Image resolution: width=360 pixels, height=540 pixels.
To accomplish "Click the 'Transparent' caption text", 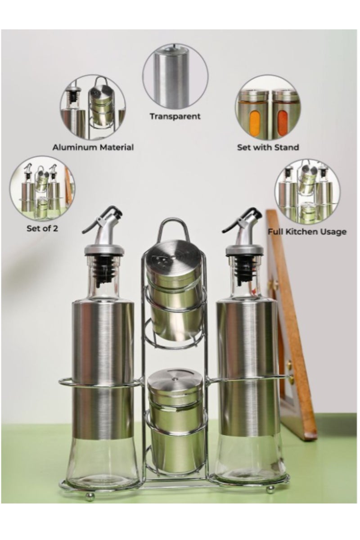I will [x=175, y=117].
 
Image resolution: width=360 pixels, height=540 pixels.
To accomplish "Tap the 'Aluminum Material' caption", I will [x=93, y=147].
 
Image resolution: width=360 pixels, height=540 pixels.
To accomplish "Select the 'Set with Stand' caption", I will [x=268, y=147].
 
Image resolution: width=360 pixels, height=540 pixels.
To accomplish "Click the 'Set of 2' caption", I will [x=42, y=228].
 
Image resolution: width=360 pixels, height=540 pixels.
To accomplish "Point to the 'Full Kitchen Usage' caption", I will [x=307, y=232].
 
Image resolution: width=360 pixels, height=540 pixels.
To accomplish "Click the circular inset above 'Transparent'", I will [x=175, y=76].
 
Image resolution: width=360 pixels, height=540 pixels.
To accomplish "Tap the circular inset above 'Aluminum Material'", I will [x=93, y=107].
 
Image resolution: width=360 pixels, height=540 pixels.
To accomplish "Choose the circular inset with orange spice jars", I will [x=267, y=107].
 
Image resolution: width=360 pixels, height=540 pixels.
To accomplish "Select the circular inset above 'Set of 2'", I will [x=42, y=189].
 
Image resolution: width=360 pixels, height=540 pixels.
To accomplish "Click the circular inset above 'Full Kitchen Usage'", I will [x=307, y=191].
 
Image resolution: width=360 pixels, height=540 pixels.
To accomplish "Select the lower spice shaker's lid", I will [x=175, y=379].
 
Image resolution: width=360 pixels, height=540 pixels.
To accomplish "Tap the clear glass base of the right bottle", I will [x=249, y=461].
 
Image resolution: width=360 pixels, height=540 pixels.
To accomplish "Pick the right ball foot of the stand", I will [x=270, y=490].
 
